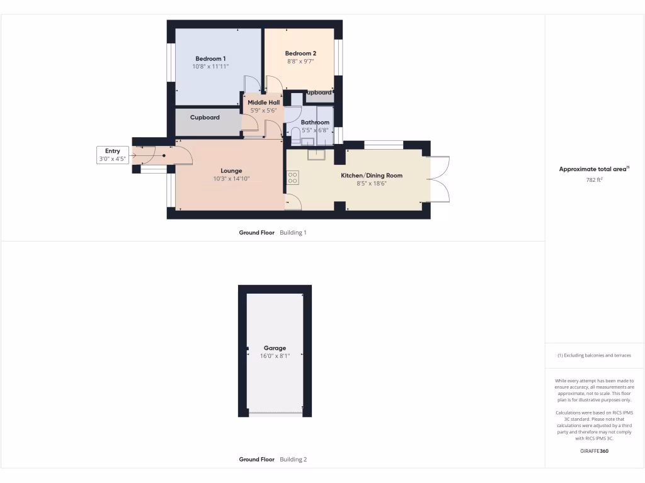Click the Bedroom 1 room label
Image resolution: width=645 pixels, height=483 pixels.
(x=210, y=58)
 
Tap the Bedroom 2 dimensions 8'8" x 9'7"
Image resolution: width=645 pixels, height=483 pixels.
(x=300, y=62)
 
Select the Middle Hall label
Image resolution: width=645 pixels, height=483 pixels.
(x=263, y=103)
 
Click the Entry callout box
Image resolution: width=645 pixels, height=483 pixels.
(x=112, y=155)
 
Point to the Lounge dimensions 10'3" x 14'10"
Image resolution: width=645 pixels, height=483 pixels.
(x=231, y=179)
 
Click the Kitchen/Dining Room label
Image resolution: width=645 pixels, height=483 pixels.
(x=372, y=175)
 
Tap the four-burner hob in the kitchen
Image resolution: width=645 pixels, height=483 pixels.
(x=293, y=178)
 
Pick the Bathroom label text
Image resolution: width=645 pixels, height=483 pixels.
(x=315, y=122)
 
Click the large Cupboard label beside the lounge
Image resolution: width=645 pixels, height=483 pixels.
(x=205, y=117)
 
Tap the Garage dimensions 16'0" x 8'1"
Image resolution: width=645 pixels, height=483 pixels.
(x=275, y=356)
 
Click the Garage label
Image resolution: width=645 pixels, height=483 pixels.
(x=275, y=348)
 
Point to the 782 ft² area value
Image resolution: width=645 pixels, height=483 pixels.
(x=594, y=179)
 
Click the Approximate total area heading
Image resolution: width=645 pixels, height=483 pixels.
(x=593, y=169)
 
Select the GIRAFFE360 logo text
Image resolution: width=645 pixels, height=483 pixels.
(x=594, y=451)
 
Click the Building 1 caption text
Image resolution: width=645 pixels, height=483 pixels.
(x=293, y=233)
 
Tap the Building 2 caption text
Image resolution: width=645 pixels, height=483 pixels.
(x=293, y=460)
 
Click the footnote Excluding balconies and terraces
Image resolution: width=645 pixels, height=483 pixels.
(x=594, y=355)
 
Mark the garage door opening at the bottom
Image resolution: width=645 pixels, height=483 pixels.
(x=275, y=413)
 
